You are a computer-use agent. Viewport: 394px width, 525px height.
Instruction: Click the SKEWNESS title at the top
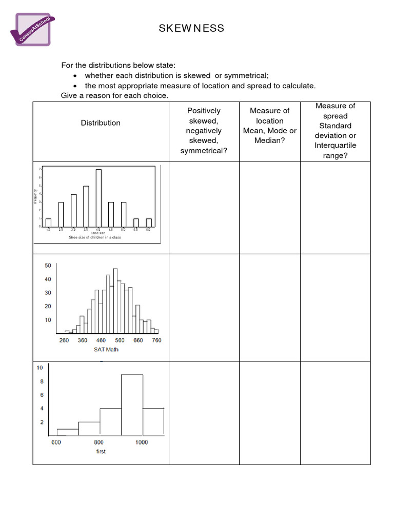[x=191, y=28]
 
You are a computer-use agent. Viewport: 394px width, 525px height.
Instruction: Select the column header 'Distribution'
[x=101, y=123]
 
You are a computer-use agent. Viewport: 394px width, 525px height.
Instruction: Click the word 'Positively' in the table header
[x=204, y=111]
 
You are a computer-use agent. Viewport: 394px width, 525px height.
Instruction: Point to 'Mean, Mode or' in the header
[x=270, y=131]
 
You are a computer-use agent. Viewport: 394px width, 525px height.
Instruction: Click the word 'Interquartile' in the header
[x=336, y=146]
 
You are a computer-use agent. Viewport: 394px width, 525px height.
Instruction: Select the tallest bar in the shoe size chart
[x=98, y=197]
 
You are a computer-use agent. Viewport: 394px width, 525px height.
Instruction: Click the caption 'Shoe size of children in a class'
[x=95, y=238]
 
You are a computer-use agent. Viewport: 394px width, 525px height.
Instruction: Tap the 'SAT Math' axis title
[x=106, y=349]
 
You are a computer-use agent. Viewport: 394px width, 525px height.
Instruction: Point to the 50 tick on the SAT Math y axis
[x=48, y=266]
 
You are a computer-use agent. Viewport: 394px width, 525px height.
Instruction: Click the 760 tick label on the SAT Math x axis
[x=156, y=340]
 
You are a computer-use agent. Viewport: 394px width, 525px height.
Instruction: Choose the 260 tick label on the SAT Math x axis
[x=64, y=340]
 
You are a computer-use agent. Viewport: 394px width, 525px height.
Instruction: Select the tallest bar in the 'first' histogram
[x=132, y=405]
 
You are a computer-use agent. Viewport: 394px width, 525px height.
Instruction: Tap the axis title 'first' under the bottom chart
[x=101, y=451]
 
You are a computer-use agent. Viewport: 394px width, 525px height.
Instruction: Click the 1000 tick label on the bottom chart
[x=142, y=442]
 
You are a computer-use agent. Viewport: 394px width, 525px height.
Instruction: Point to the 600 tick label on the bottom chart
[x=56, y=442]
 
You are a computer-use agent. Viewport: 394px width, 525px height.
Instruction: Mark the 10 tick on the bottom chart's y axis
[x=39, y=368]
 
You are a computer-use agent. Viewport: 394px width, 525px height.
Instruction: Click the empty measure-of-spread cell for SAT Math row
[x=335, y=308]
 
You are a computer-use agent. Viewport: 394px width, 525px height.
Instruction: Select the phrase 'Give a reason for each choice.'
[x=114, y=96]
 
